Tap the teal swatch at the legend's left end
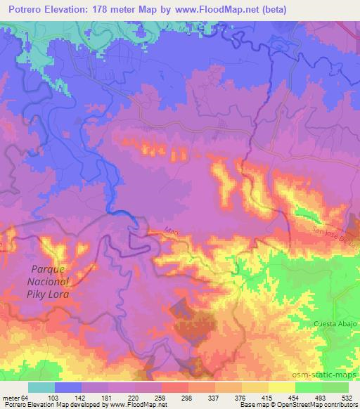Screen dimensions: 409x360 (41, 387)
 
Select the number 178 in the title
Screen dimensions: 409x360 (101, 10)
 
